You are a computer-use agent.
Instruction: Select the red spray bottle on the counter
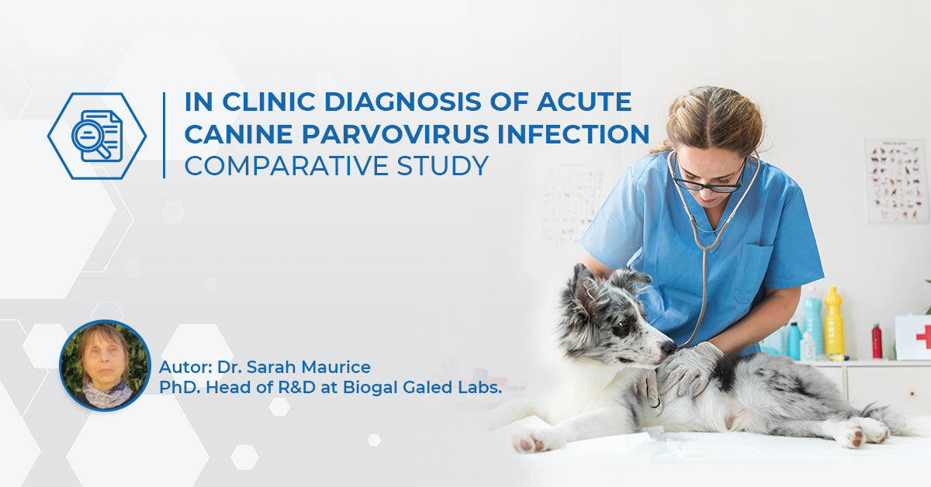pyautogui.click(x=877, y=340)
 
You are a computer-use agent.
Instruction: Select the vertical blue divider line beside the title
pyautogui.click(x=164, y=135)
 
